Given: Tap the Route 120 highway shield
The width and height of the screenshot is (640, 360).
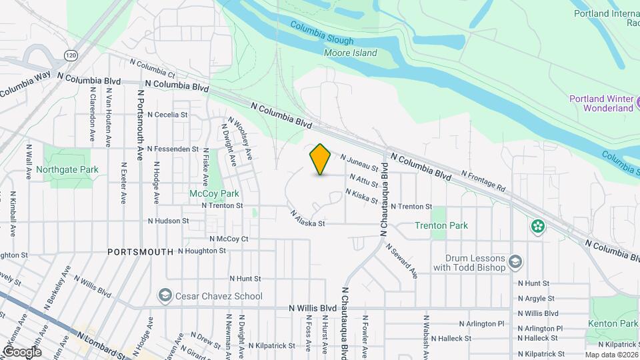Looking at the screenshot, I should coord(71,53).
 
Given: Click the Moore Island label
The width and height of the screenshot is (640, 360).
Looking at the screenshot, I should coord(350,53).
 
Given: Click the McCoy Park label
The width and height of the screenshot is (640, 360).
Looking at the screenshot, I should coord(214,193).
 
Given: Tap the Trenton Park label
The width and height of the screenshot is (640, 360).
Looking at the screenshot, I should coord(441,225).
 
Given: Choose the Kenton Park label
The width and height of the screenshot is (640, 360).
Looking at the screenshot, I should coord(613,323).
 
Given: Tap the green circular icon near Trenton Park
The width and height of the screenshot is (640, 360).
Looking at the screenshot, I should coord(537,227).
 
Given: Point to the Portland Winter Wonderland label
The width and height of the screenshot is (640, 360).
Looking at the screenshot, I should coord(600,103).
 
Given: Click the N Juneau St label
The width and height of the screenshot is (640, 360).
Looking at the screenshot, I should coord(359,163).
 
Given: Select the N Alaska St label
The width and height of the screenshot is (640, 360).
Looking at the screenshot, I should coord(307,219).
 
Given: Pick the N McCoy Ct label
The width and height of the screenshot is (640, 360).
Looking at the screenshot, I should coord(229,239).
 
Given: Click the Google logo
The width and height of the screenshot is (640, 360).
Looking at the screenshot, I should coord(22,351).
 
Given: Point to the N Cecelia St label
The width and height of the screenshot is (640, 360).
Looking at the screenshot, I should coord(167,115).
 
